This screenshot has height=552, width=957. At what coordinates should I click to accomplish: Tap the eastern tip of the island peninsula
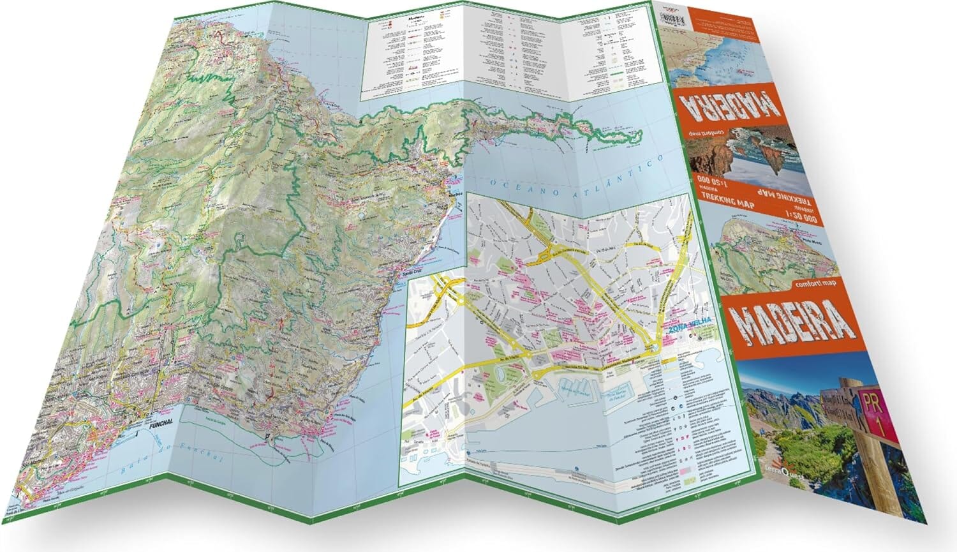(x=641, y=134)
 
